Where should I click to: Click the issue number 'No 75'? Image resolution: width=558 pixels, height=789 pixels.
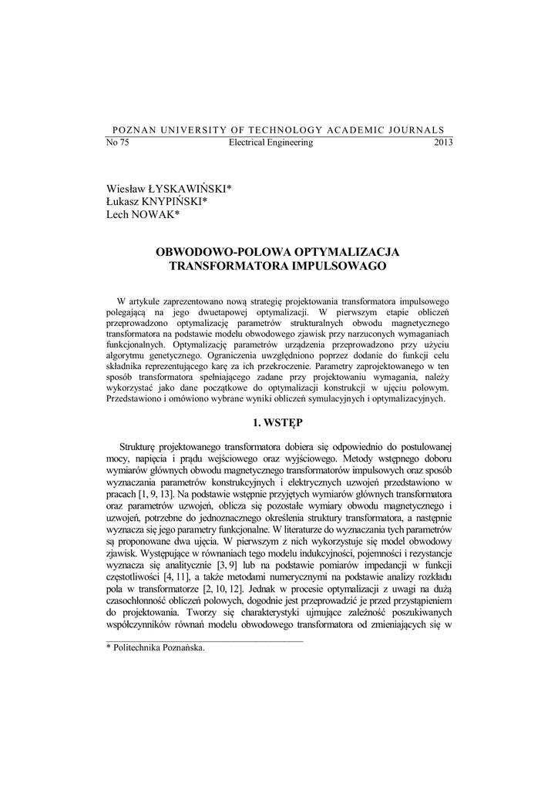pos(117,143)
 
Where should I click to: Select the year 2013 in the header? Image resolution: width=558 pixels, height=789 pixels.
pos(443,143)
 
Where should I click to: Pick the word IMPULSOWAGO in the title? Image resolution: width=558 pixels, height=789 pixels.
pos(338,266)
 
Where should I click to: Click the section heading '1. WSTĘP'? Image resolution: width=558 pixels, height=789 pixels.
pos(278,422)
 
